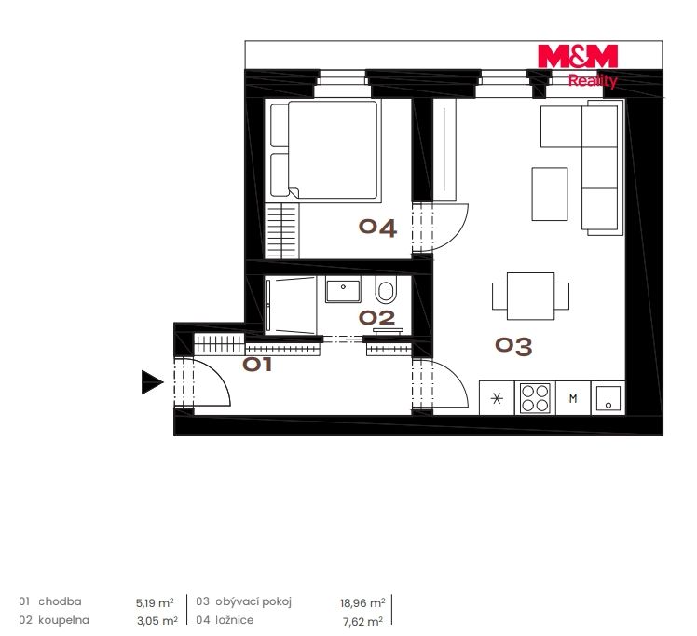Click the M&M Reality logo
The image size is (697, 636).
[578, 66]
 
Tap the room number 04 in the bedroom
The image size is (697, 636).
[377, 228]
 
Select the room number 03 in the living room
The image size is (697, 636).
[513, 346]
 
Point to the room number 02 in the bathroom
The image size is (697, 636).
[377, 318]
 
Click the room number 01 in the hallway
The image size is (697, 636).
[257, 365]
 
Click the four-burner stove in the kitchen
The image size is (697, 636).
[535, 398]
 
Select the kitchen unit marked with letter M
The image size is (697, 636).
[573, 398]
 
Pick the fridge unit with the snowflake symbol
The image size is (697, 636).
[497, 398]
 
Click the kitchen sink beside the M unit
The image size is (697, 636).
[608, 398]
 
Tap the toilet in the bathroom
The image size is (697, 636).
[386, 289]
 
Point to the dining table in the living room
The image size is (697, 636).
[530, 297]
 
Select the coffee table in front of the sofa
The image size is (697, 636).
[550, 194]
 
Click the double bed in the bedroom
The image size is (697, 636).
[326, 150]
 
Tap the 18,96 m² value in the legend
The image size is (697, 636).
[362, 603]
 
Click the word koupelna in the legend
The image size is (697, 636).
[63, 620]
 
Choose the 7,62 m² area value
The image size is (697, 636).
[362, 621]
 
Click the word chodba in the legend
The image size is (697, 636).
[60, 601]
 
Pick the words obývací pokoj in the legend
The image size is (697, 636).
[253, 602]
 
